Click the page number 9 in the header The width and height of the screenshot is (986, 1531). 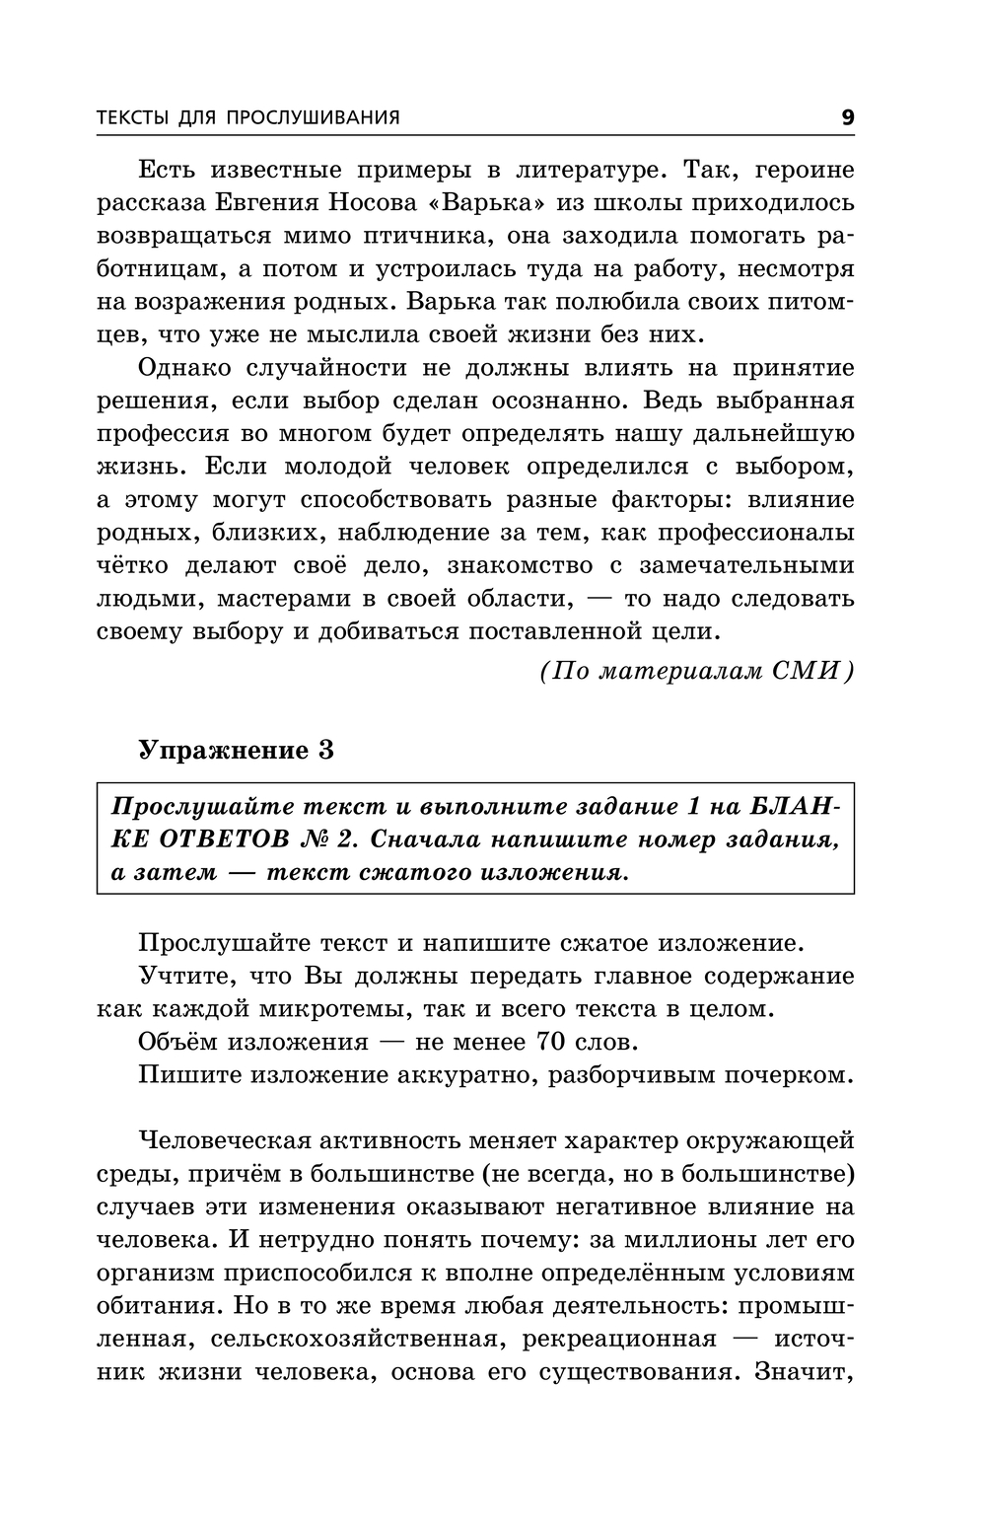point(848,117)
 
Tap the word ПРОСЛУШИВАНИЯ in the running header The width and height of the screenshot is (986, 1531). point(314,117)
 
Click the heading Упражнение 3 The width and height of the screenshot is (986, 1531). point(236,750)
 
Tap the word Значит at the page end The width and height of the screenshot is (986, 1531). point(803,1371)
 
